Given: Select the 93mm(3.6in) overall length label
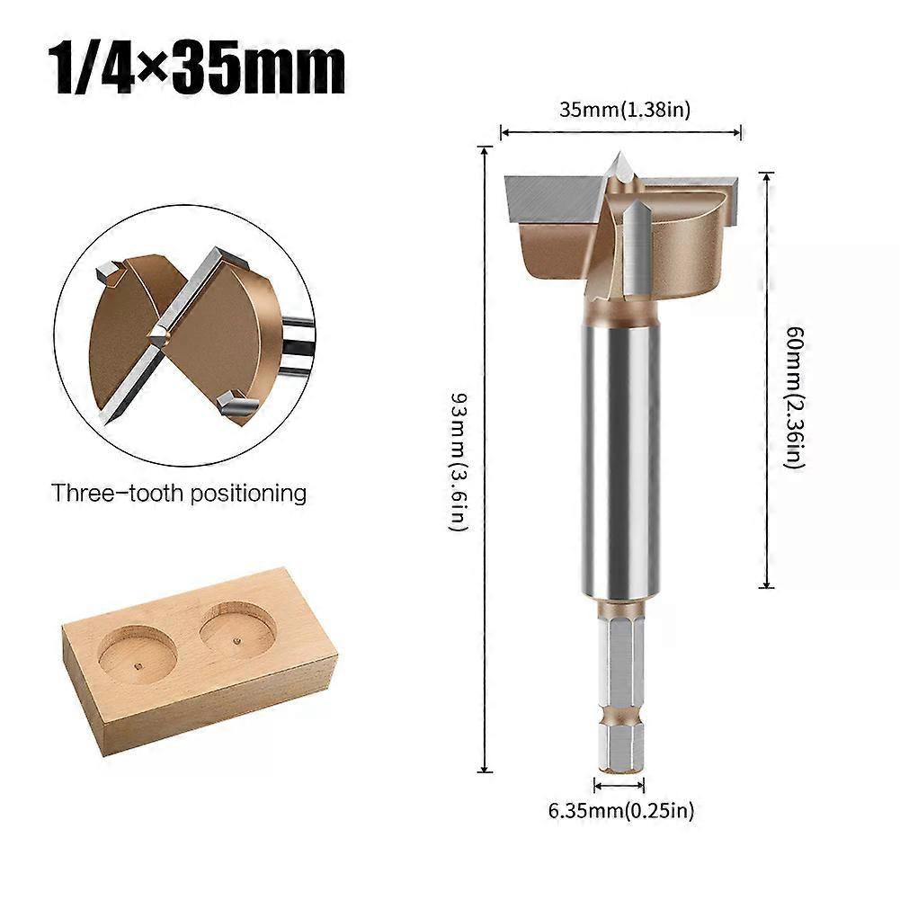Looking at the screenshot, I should pos(459,459).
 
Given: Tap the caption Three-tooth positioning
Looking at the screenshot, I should pos(179,493).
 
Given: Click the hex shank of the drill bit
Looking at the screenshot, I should pos(621,683).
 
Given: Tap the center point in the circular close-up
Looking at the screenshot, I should pos(160,334).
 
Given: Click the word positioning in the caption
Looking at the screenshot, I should pos(253,494).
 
